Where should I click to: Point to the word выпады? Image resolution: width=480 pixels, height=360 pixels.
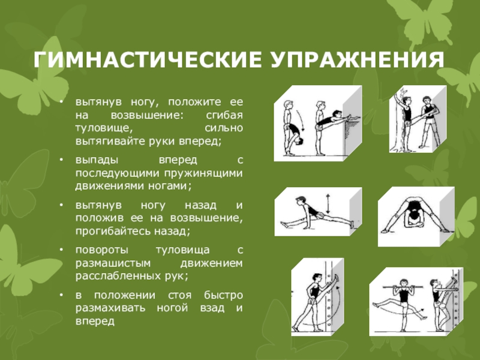point(97,160)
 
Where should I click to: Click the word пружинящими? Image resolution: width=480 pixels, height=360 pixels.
point(203,173)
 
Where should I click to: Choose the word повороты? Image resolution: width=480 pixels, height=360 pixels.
point(102,250)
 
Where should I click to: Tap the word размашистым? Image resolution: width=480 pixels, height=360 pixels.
point(113,263)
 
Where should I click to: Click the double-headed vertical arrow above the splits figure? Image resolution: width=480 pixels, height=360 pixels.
point(328,203)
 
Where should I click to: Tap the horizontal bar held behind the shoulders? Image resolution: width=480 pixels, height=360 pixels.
point(403,287)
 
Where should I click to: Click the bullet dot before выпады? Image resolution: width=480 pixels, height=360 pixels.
point(62,160)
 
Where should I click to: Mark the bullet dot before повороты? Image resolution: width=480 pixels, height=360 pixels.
point(62,250)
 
